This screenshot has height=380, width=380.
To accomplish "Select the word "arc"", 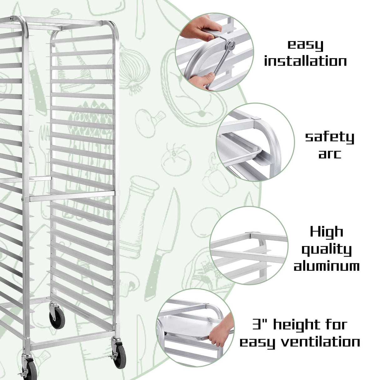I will [x=329, y=154].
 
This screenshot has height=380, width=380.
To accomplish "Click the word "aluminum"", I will [x=326, y=266].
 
